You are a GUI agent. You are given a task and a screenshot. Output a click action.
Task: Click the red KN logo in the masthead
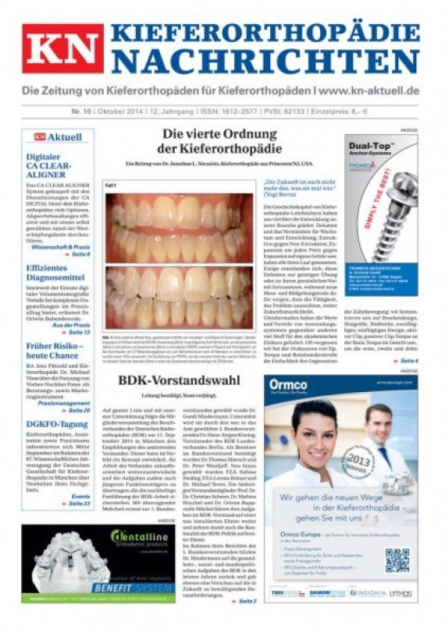62,48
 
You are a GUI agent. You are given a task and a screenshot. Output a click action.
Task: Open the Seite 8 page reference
78,255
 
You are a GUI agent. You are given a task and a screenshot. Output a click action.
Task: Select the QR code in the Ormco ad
397,560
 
